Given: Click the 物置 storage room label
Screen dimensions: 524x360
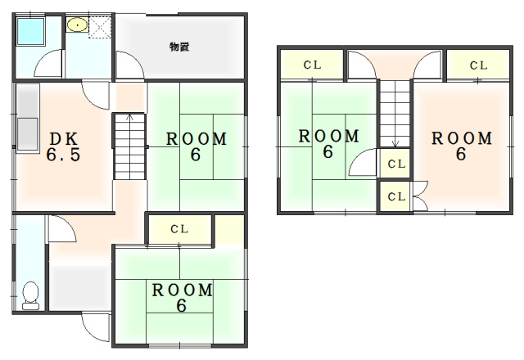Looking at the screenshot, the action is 179,47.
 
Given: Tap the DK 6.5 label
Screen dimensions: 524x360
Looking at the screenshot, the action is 64,147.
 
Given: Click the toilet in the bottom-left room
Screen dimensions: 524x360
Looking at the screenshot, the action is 31,295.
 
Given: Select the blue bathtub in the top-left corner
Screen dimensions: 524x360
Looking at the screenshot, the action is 30,31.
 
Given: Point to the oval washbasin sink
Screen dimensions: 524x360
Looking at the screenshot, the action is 77,25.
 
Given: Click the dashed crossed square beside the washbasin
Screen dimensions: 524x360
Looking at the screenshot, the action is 100,28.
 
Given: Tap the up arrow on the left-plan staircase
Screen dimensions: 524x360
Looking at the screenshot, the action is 129,117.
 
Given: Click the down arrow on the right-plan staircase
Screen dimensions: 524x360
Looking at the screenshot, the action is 395,144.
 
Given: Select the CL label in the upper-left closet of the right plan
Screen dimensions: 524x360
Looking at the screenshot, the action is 312,65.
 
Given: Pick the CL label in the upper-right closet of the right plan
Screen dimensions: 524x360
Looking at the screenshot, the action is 478,65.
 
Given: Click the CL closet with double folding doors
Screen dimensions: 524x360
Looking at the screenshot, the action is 396,196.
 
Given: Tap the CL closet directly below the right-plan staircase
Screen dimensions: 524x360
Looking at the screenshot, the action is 396,164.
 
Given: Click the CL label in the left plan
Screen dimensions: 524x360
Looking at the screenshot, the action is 179,229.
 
